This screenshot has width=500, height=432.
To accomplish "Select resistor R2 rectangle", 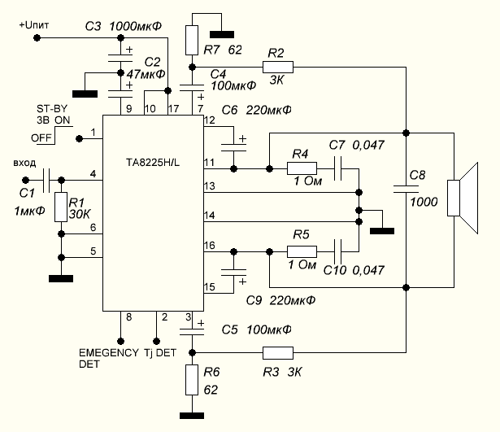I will pyautogui.click(x=277, y=67).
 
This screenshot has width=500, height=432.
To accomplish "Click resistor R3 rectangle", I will pyautogui.click(x=277, y=353).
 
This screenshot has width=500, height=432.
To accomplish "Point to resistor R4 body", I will pyautogui.click(x=302, y=168).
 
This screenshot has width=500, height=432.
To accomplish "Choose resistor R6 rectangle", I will pyautogui.click(x=192, y=380).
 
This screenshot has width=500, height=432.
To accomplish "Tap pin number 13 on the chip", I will pyautogui.click(x=210, y=187).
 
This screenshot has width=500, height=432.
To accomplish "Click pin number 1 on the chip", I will pyautogui.click(x=94, y=133).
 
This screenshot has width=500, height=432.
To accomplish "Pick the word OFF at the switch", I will pyautogui.click(x=42, y=137).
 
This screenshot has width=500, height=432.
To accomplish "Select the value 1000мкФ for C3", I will pyautogui.click(x=134, y=27).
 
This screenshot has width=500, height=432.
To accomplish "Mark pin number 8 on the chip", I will pyautogui.click(x=128, y=316).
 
